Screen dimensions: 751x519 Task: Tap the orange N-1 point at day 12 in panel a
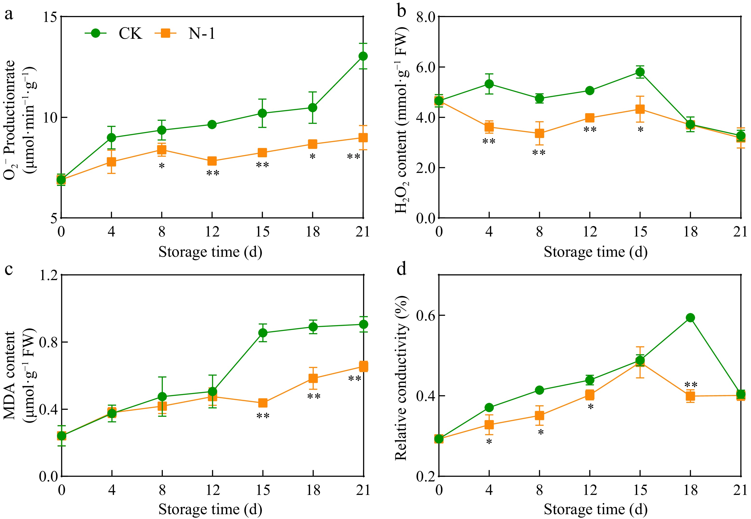(212, 161)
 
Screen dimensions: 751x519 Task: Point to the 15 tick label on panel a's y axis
(50, 17)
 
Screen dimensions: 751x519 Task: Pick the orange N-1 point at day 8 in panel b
(540, 133)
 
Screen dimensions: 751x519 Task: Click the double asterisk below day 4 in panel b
(489, 141)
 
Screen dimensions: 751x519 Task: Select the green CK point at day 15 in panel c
(263, 333)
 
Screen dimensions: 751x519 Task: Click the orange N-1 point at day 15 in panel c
(263, 403)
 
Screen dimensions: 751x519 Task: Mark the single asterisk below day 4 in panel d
(489, 442)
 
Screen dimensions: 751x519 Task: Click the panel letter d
(402, 269)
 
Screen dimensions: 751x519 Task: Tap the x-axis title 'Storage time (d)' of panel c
(211, 510)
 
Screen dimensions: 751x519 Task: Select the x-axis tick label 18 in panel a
(313, 232)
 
